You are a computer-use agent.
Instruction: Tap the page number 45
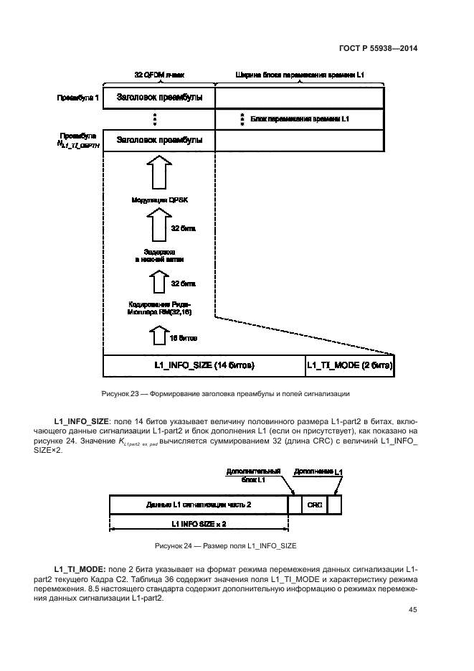[412, 610]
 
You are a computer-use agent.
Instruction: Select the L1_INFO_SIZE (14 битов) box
[204, 365]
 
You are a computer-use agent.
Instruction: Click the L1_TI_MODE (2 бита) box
[350, 365]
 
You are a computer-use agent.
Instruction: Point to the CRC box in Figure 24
[313, 505]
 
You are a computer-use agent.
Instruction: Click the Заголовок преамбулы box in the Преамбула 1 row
[158, 98]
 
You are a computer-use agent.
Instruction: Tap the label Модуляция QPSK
[159, 200]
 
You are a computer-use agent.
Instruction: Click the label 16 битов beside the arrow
[183, 337]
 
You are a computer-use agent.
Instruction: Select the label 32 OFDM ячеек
[158, 75]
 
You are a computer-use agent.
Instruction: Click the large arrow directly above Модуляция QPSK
[159, 173]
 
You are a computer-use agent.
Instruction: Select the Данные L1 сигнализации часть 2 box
[199, 505]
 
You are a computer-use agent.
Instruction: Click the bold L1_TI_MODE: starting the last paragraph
[80, 568]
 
